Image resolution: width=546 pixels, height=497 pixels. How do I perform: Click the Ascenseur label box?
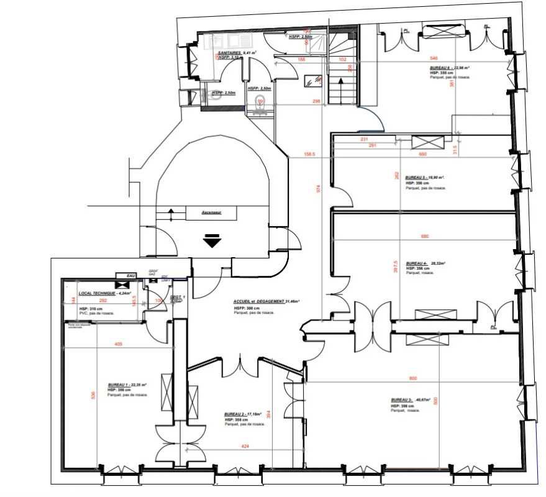coord(212,212)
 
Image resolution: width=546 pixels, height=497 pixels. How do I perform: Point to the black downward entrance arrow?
coord(212,241)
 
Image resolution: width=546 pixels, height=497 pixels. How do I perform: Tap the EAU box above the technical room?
coord(130,275)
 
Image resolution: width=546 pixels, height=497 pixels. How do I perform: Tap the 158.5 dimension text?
coord(309,154)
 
